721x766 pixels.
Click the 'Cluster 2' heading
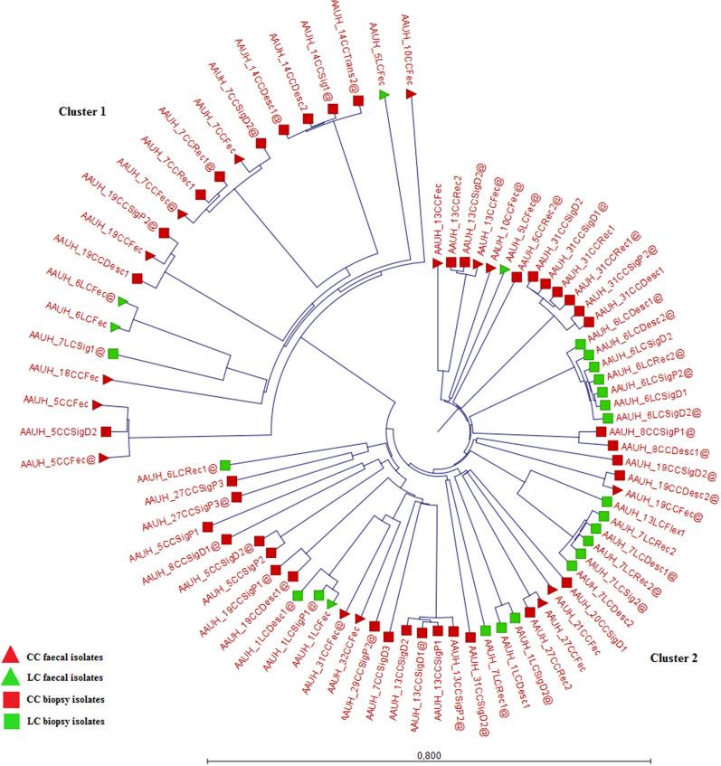pyautogui.click(x=674, y=657)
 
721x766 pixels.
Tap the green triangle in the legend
pyautogui.click(x=11, y=676)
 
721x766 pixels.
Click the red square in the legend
pyautogui.click(x=11, y=698)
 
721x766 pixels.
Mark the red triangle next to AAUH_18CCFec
pyautogui.click(x=107, y=378)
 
